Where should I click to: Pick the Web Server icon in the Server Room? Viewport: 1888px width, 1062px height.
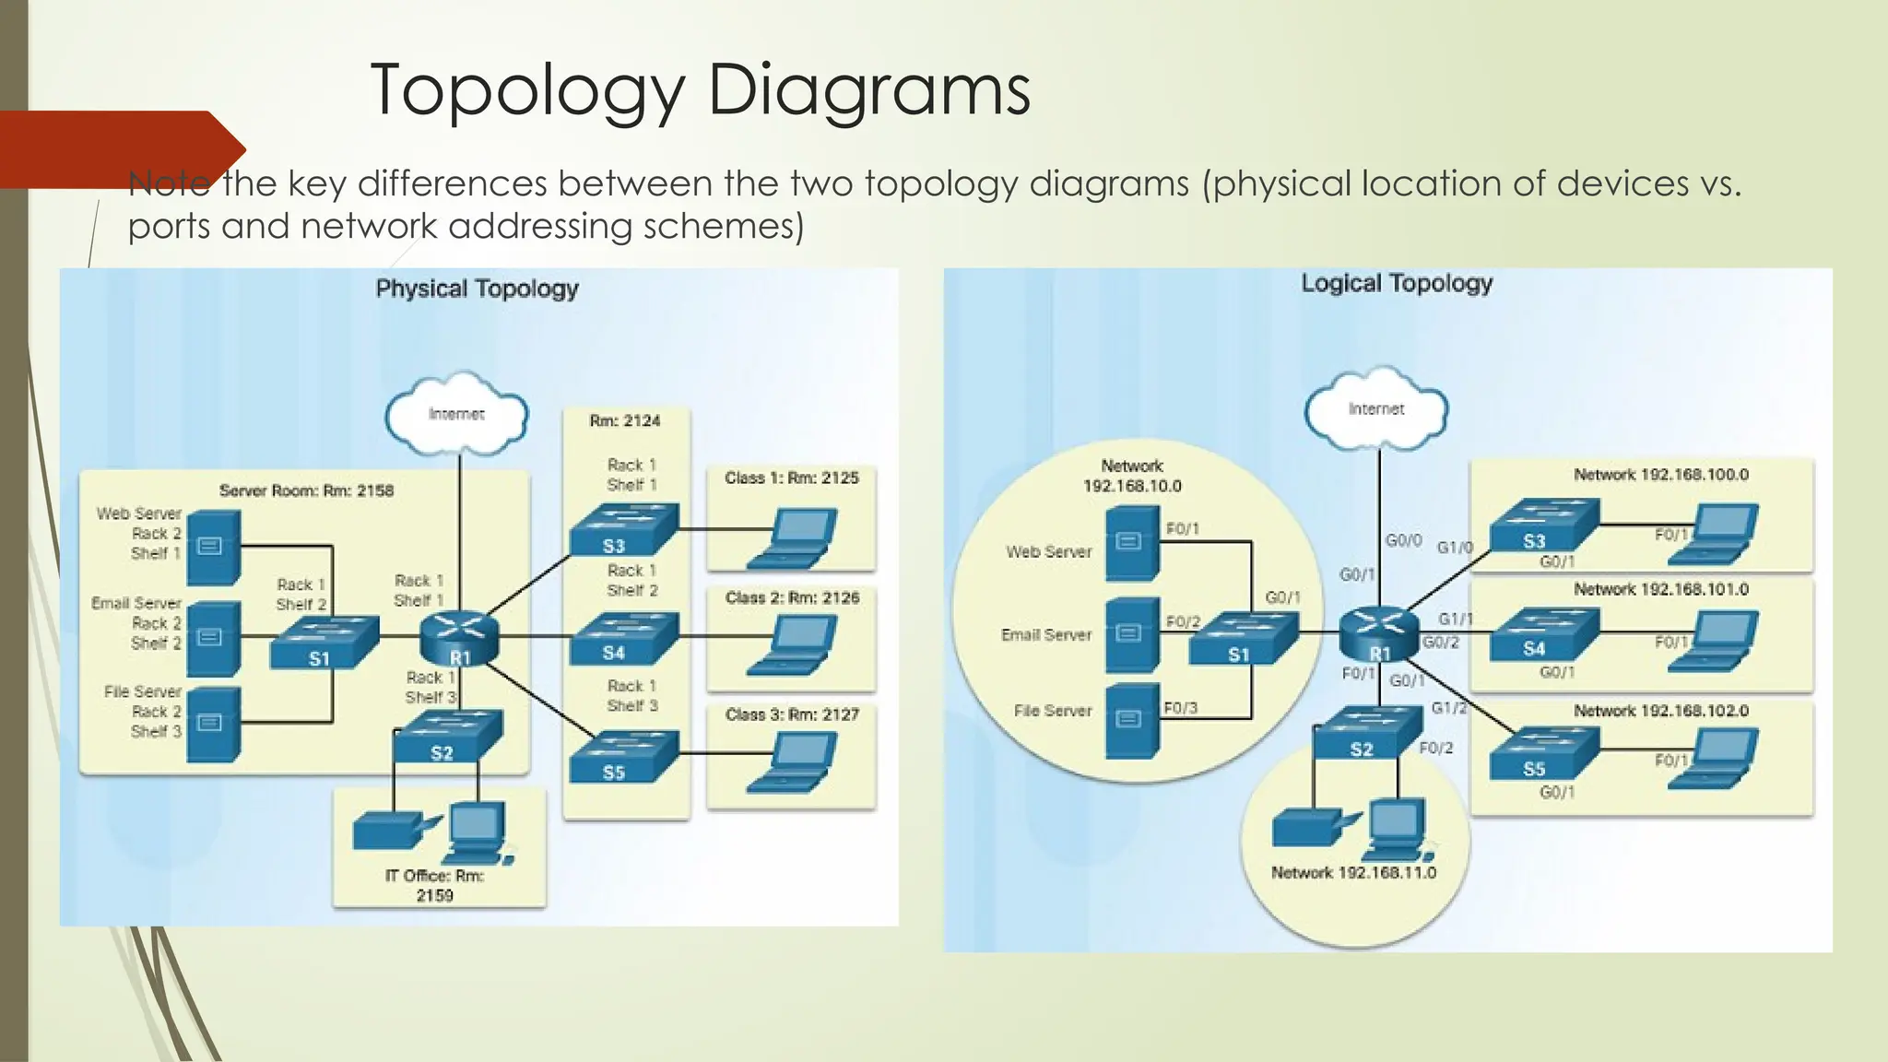(213, 547)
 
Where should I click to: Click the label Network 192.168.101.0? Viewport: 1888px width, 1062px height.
(1660, 589)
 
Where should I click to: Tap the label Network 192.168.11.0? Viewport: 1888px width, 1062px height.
(1353, 872)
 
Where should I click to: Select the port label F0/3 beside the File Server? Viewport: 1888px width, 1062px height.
(1180, 708)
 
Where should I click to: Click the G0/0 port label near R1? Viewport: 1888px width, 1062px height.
(1403, 540)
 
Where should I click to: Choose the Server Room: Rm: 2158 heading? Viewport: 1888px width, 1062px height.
(306, 490)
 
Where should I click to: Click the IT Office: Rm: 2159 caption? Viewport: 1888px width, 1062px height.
(434, 885)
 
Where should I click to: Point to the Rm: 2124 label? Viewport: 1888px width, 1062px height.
(625, 420)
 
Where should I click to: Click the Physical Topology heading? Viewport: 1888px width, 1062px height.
(477, 289)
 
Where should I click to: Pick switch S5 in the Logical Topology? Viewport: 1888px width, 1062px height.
(1542, 753)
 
